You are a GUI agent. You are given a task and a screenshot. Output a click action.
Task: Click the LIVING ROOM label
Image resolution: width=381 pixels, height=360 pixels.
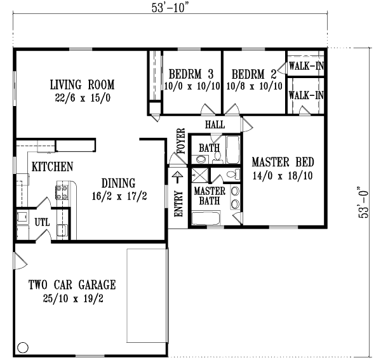[82, 84]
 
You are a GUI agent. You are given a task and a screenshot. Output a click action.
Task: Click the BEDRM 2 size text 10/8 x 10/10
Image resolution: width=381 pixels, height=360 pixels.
[253, 87]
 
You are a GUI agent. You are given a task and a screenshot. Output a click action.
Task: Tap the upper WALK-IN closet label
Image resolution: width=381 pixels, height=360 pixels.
[306, 65]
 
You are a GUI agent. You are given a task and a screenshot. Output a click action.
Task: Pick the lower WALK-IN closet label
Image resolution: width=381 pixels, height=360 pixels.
[306, 95]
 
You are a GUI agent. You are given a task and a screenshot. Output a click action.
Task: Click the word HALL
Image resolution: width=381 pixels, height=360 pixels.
[215, 125]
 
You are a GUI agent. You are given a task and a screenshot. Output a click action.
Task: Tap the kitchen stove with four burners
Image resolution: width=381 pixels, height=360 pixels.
[63, 191]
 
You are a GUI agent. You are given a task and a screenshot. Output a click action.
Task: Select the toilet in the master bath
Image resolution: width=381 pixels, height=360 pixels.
[232, 175]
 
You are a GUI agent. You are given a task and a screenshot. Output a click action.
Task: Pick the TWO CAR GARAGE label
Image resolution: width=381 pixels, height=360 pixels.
[71, 284]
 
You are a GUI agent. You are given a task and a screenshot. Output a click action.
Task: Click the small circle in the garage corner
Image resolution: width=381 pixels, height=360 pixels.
[23, 347]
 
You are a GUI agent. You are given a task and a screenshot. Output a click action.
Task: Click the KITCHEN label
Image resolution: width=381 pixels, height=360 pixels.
[52, 167]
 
